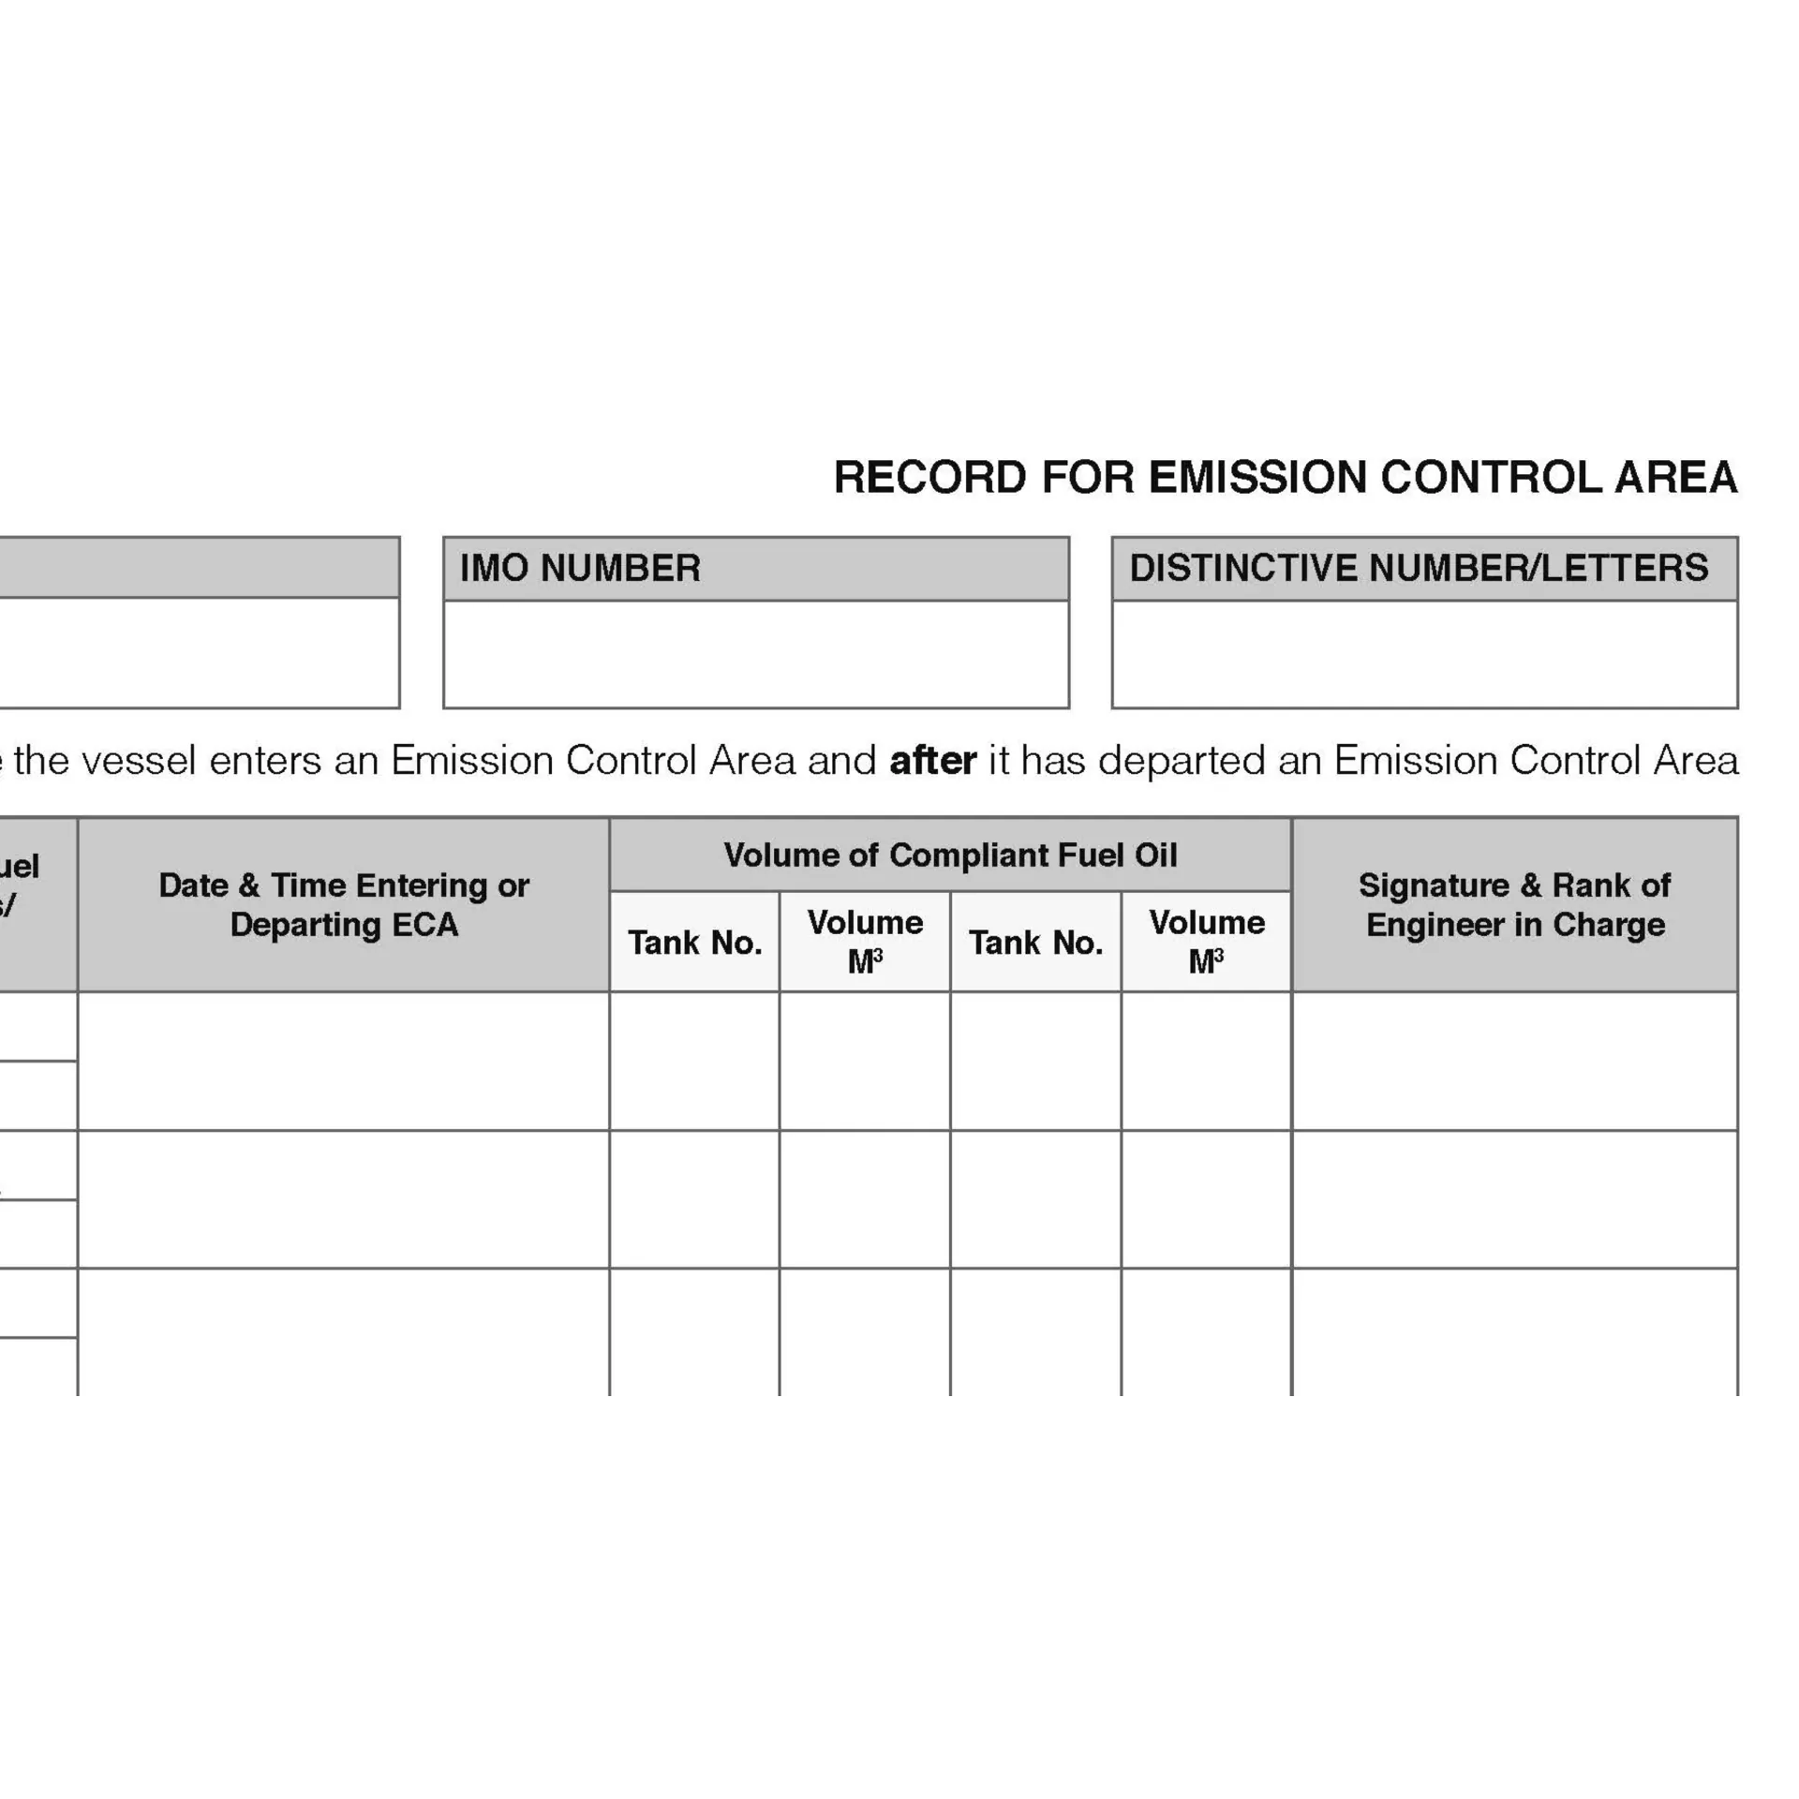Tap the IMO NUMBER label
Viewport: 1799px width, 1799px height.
point(580,569)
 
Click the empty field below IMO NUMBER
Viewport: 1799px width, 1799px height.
point(755,654)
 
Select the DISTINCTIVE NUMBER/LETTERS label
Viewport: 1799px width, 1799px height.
point(1419,569)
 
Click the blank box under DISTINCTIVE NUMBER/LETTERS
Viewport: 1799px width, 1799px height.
point(1424,654)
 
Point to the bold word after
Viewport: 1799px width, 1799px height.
point(932,761)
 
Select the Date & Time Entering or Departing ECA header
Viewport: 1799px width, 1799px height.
point(344,905)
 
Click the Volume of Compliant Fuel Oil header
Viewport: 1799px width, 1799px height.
point(950,855)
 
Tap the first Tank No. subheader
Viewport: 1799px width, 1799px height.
point(694,943)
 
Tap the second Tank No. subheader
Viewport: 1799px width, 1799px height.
point(1035,943)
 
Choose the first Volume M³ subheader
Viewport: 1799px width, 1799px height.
point(865,942)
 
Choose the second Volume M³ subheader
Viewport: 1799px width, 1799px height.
point(1206,942)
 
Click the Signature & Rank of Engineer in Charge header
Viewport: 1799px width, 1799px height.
point(1514,905)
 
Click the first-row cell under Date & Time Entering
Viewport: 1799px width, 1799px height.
point(344,1062)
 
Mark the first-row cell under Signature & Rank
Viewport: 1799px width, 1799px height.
point(1514,1062)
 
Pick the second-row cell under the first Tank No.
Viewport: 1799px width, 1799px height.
point(694,1199)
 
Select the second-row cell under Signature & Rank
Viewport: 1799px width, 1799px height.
point(1514,1199)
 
